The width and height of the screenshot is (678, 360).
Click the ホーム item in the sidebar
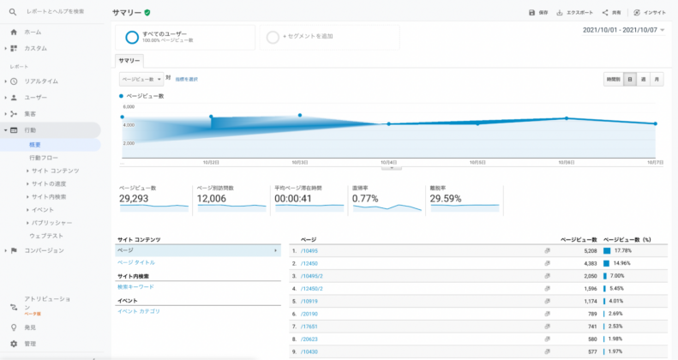tap(33, 32)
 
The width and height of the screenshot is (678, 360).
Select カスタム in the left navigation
tap(35, 48)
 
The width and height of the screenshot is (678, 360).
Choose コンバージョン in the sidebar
tap(44, 250)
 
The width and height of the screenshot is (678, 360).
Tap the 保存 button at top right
tap(538, 13)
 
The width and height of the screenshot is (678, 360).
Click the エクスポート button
tap(575, 13)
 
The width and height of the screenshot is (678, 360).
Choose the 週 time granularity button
tap(643, 79)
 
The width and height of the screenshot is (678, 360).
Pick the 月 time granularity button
tap(657, 79)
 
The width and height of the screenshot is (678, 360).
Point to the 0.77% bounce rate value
tap(365, 198)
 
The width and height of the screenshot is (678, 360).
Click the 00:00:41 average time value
tap(293, 198)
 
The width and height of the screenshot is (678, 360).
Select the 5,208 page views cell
tap(584, 251)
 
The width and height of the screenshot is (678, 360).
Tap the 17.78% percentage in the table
tap(623, 251)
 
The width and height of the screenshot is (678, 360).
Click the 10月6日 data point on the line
tap(567, 118)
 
